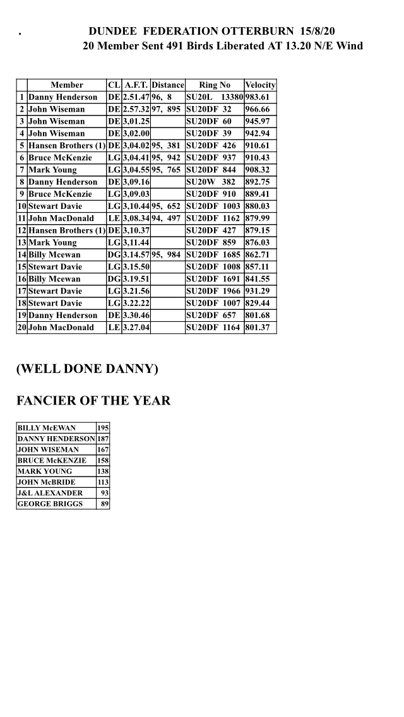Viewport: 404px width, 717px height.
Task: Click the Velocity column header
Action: click(260, 85)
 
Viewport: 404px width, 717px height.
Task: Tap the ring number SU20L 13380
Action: click(214, 97)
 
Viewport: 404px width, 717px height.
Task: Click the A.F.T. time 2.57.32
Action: click(136, 109)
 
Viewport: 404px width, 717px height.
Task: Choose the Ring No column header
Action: click(215, 85)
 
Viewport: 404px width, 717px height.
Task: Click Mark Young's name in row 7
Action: click(52, 170)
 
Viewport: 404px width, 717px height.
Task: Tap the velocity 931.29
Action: click(257, 291)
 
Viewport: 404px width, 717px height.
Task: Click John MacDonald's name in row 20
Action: click(61, 328)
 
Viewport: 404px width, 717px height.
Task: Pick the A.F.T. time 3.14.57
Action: click(136, 254)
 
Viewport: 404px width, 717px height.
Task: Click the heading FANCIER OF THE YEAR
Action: click(93, 401)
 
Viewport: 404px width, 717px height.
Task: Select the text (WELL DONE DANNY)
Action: click(87, 369)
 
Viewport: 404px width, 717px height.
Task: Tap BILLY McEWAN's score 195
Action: click(102, 428)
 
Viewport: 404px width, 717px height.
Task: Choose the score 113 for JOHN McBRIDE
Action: click(102, 482)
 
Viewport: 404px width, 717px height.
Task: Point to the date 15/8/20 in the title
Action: click(318, 31)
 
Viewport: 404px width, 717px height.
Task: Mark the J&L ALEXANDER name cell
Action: click(50, 493)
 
